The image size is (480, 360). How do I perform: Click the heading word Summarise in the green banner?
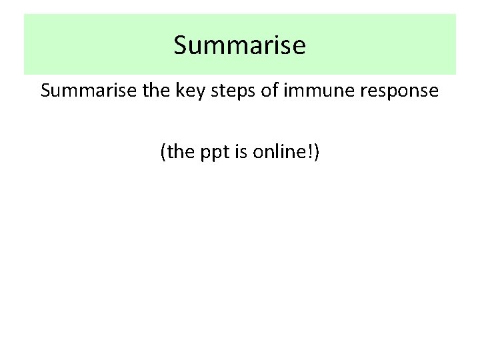pyautogui.click(x=239, y=45)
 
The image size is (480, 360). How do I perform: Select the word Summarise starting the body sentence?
pyautogui.click(x=81, y=91)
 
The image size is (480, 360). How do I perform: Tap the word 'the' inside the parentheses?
pyautogui.click(x=178, y=153)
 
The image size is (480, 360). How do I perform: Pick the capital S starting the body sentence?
pyautogui.click(x=45, y=91)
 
